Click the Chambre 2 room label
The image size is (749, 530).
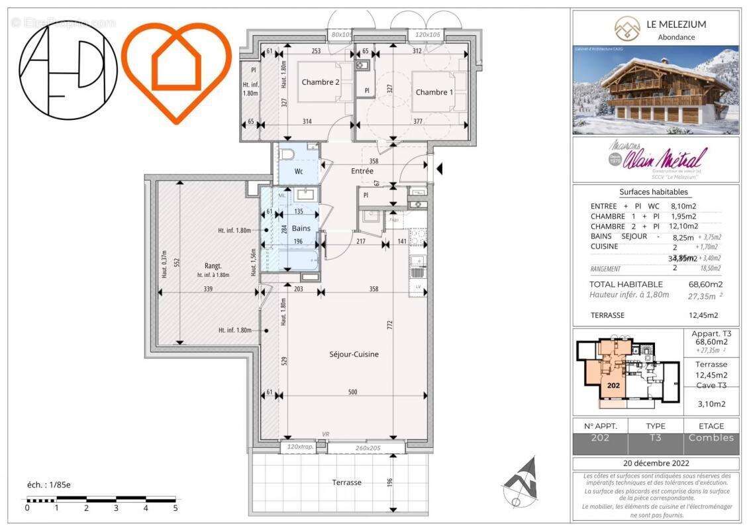tap(321, 82)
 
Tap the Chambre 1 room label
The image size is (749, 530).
tap(434, 92)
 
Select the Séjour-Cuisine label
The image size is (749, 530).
tap(354, 354)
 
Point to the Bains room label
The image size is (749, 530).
tap(301, 228)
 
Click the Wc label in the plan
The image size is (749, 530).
tap(299, 171)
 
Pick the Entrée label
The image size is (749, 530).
tap(362, 171)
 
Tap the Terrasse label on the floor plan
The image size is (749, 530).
tap(346, 482)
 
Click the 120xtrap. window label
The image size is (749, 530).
tap(301, 448)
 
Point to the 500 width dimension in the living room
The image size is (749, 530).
tap(352, 393)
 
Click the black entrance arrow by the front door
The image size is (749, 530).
tap(440, 170)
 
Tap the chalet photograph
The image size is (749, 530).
tap(655, 89)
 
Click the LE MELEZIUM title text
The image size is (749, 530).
tap(676, 25)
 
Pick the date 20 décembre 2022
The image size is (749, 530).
tap(655, 462)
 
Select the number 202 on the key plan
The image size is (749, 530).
tap(613, 385)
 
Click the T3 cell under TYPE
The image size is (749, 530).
tap(655, 438)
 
